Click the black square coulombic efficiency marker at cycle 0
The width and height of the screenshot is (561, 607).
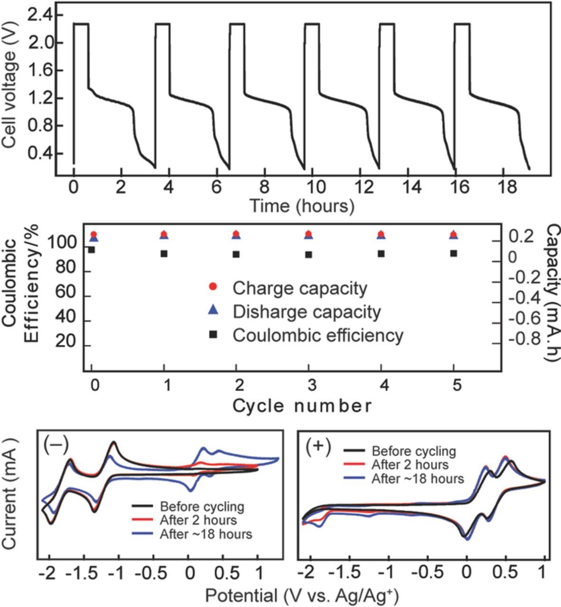coord(92,250)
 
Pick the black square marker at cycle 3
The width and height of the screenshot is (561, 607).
coord(309,255)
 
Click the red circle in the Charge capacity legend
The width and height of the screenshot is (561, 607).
coord(214,286)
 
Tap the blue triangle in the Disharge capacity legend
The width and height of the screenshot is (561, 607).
coord(214,311)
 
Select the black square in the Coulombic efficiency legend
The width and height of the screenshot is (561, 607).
coord(214,334)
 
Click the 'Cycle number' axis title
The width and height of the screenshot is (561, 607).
coord(302,406)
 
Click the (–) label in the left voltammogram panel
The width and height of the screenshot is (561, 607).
coord(56,444)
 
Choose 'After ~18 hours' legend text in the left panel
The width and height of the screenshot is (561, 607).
coord(206,534)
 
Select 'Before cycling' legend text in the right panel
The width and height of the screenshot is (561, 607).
coord(414,451)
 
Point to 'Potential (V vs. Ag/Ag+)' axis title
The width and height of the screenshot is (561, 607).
coord(302,595)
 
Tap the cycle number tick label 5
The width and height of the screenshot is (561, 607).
coord(457,385)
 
